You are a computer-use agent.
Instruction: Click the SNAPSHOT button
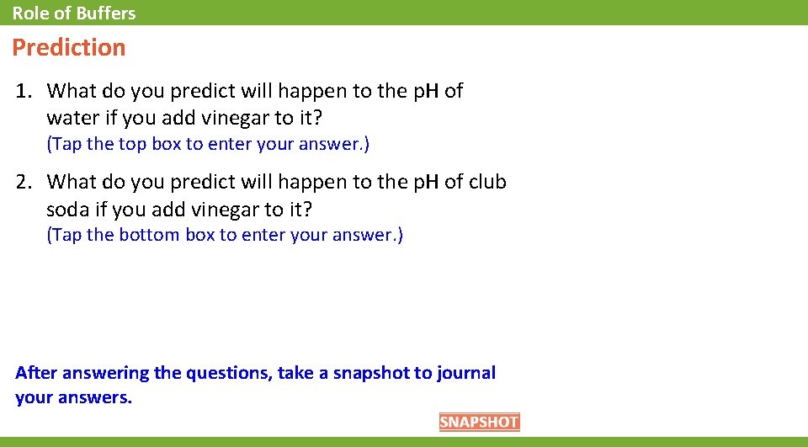[x=479, y=423]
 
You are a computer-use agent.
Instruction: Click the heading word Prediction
[x=69, y=48]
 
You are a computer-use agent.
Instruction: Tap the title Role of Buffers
[x=74, y=13]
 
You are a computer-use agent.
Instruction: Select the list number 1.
[x=24, y=91]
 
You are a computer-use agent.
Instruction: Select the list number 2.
[x=24, y=182]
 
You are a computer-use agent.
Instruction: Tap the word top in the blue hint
[x=132, y=144]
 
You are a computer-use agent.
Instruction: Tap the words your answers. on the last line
[x=74, y=397]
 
